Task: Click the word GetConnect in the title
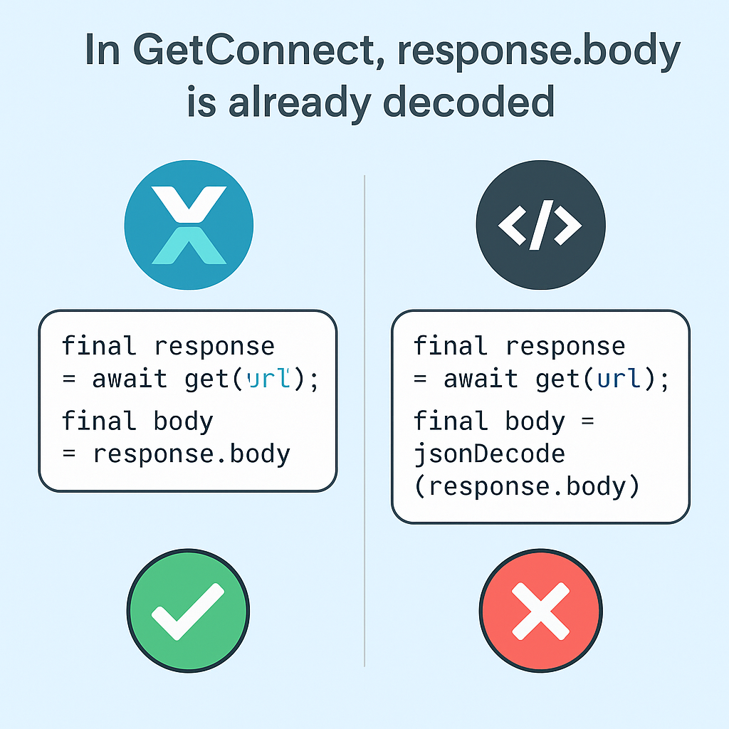[x=253, y=51]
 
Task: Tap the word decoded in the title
[x=468, y=101]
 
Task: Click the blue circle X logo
[x=189, y=225]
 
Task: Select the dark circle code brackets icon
[x=541, y=225]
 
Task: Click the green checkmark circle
[x=188, y=611]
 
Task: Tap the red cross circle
[x=541, y=611]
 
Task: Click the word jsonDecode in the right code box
[x=489, y=454]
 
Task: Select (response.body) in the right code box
[x=527, y=487]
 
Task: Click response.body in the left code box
[x=192, y=454]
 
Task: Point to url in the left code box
[x=268, y=379]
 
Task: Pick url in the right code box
[x=619, y=379]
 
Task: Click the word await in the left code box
[x=130, y=379]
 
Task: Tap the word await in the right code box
[x=481, y=379]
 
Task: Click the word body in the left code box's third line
[x=184, y=421]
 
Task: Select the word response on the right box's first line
[x=565, y=347]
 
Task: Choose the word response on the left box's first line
[x=214, y=347]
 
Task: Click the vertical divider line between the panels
[x=364, y=421]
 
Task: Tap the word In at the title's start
[x=103, y=51]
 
